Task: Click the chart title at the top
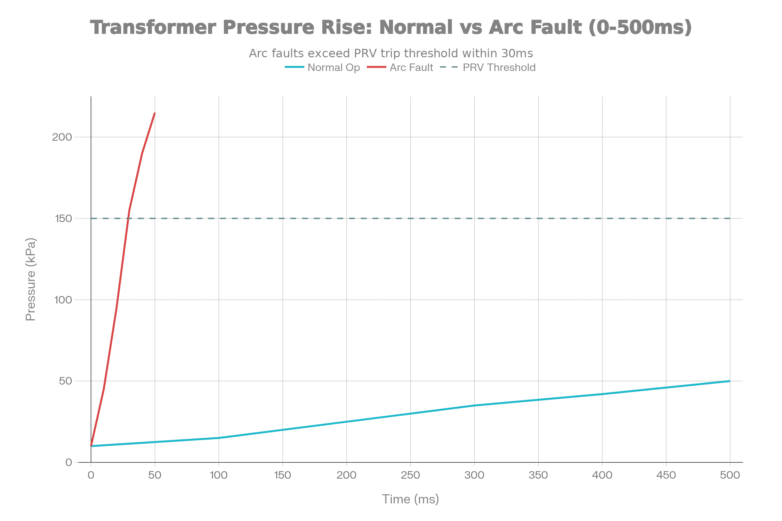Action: pos(391,27)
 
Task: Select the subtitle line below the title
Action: pos(391,53)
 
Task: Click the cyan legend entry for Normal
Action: pos(322,68)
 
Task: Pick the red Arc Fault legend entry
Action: pos(400,68)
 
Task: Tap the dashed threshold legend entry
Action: pos(487,68)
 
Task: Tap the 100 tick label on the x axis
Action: pos(218,475)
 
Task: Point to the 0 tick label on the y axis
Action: pos(69,462)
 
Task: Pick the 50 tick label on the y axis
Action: pos(65,381)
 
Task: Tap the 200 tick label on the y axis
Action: pos(63,137)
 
